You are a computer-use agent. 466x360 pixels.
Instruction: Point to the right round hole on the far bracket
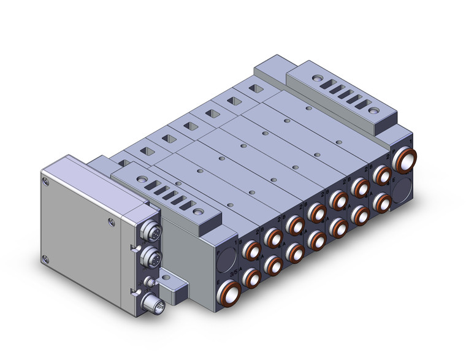click(373, 111)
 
